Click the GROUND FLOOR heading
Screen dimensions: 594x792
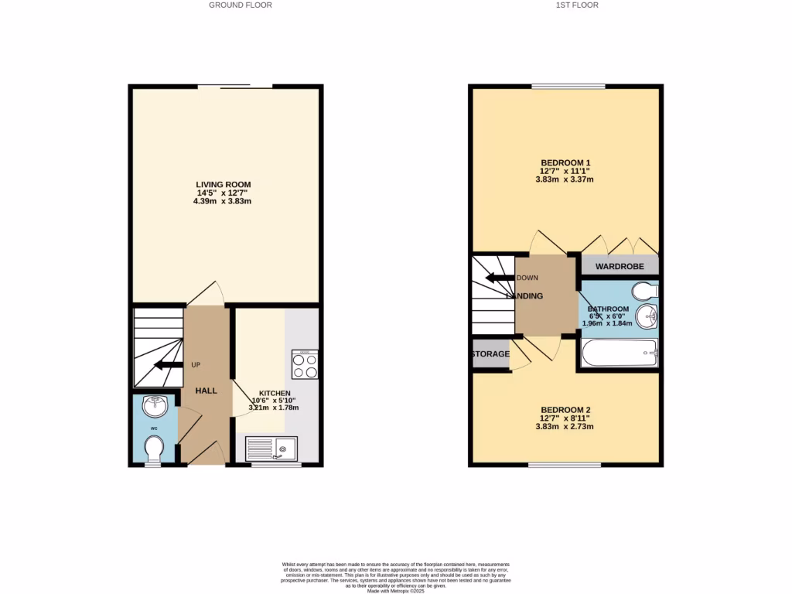[x=241, y=5]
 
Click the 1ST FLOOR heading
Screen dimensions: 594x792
[x=578, y=5]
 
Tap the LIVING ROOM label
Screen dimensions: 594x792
[x=223, y=184]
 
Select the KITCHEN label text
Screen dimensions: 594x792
[x=274, y=393]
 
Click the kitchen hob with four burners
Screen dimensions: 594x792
[x=304, y=365]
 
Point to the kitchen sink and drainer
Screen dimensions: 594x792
[x=271, y=449]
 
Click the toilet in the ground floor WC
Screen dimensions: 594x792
[x=154, y=448]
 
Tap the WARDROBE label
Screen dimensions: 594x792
[x=620, y=267]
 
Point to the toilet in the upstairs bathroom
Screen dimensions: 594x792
[x=643, y=291]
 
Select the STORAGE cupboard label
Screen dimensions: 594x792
[x=490, y=354]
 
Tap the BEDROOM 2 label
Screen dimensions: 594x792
[x=565, y=410]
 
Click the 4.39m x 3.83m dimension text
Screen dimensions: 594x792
[x=223, y=201]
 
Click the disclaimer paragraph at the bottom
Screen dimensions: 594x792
[x=396, y=577]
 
